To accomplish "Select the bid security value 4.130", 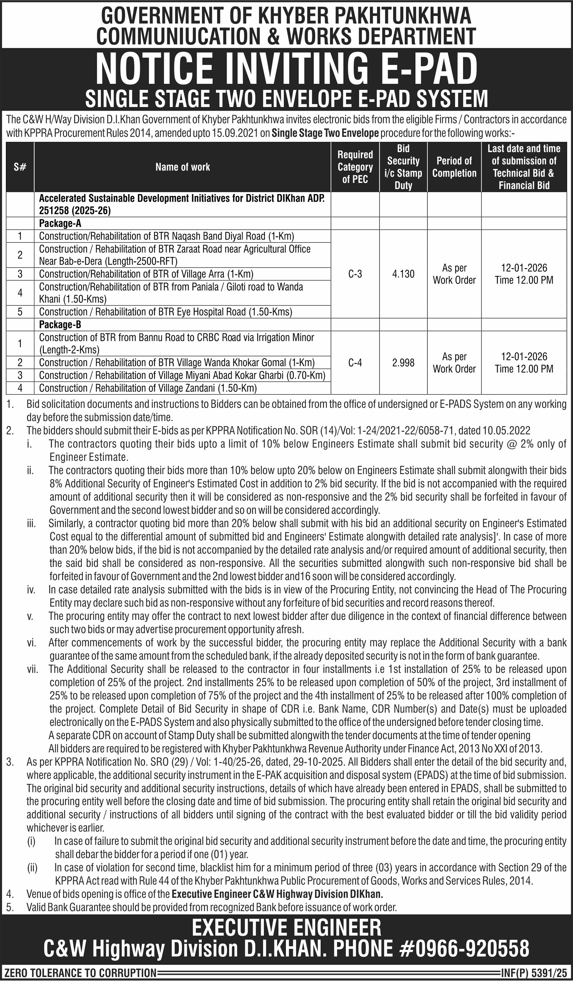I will [x=403, y=274].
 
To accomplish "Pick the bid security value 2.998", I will [x=403, y=363].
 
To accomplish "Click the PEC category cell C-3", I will [x=355, y=274].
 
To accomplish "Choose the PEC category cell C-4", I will [x=355, y=363].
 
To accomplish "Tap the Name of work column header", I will [x=182, y=167].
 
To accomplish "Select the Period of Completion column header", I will [x=454, y=167].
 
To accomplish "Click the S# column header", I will [x=20, y=167].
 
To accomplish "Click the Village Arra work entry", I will [x=146, y=274].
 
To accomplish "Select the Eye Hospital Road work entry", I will [x=166, y=312].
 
